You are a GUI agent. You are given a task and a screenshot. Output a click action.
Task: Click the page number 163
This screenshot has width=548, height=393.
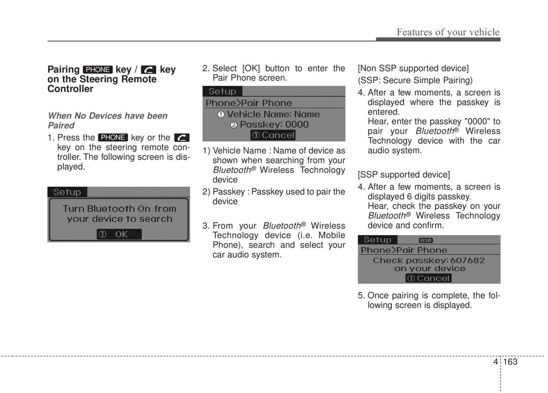point(511,362)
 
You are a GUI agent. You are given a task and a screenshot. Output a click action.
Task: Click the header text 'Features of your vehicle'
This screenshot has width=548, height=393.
point(448,32)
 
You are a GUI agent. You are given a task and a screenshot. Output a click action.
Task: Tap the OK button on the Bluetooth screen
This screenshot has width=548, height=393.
point(119,234)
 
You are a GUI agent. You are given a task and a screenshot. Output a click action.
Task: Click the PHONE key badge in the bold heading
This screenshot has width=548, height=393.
point(98,70)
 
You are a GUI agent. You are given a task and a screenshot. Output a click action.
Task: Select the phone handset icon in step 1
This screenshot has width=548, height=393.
point(182,138)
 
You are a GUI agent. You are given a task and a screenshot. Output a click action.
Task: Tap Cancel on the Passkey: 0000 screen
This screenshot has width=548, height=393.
point(273,135)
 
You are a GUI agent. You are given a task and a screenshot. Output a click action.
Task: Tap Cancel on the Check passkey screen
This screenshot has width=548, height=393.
point(428,278)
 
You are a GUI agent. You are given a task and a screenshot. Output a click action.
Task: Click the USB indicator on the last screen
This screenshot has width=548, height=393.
point(426,241)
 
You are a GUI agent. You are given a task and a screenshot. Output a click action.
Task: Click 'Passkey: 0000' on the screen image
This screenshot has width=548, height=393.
point(274,125)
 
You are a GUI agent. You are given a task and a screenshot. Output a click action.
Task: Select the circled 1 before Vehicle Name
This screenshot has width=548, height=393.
point(221,115)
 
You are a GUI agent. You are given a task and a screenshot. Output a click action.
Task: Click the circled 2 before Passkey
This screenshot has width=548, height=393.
point(234,125)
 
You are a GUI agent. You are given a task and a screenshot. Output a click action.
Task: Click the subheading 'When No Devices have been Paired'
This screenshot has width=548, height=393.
point(108,121)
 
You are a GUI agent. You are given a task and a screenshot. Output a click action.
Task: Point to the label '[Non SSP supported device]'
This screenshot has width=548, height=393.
point(413,68)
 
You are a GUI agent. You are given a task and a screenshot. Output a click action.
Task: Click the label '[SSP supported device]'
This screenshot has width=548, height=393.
point(404,175)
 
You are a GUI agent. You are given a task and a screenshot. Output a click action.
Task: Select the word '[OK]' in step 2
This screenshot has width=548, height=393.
point(251,68)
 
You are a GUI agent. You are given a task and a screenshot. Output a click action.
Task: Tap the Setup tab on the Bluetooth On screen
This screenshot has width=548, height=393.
point(67,192)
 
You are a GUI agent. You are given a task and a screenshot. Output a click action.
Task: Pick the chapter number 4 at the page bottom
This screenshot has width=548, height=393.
point(495,362)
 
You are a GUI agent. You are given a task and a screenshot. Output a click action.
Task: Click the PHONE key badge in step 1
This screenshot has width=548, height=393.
point(113,138)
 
